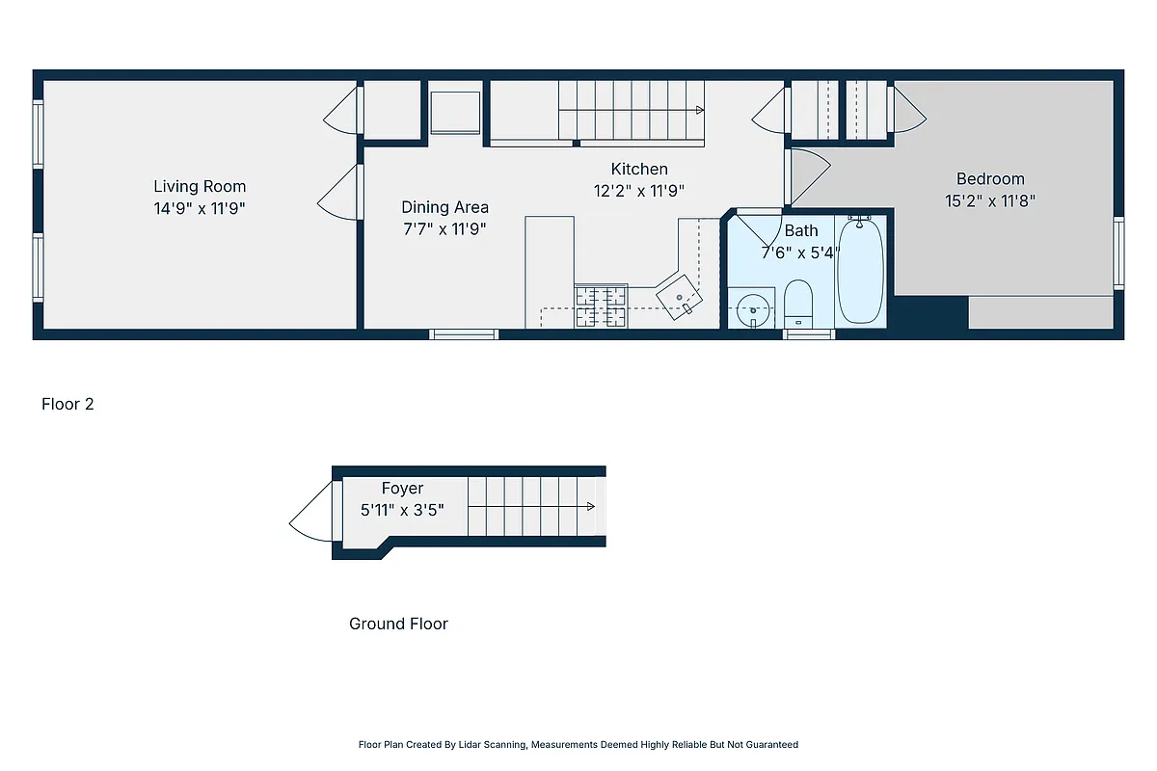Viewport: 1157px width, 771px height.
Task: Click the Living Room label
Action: [x=200, y=186]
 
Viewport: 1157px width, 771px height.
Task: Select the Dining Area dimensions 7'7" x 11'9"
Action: [x=444, y=229]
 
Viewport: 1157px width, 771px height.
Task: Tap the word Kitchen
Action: [x=638, y=169]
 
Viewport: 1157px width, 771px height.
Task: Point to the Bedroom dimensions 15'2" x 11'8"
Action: [x=990, y=201]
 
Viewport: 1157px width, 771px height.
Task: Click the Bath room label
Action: [x=801, y=230]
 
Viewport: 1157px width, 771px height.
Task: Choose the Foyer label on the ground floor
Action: [x=402, y=489]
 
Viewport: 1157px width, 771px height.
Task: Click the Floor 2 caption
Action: [x=67, y=404]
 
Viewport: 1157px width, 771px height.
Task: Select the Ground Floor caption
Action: [x=398, y=624]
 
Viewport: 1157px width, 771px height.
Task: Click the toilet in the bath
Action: [x=798, y=304]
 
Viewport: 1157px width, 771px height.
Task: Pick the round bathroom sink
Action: [x=752, y=310]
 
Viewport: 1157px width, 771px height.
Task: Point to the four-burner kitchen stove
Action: [x=601, y=306]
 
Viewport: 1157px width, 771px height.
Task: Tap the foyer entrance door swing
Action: [x=310, y=513]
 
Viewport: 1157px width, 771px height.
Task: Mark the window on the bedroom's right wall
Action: [x=1118, y=253]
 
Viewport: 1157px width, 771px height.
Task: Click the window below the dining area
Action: [x=464, y=334]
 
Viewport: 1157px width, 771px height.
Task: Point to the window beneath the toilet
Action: [x=808, y=334]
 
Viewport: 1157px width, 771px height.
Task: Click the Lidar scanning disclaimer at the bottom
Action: [x=578, y=744]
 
